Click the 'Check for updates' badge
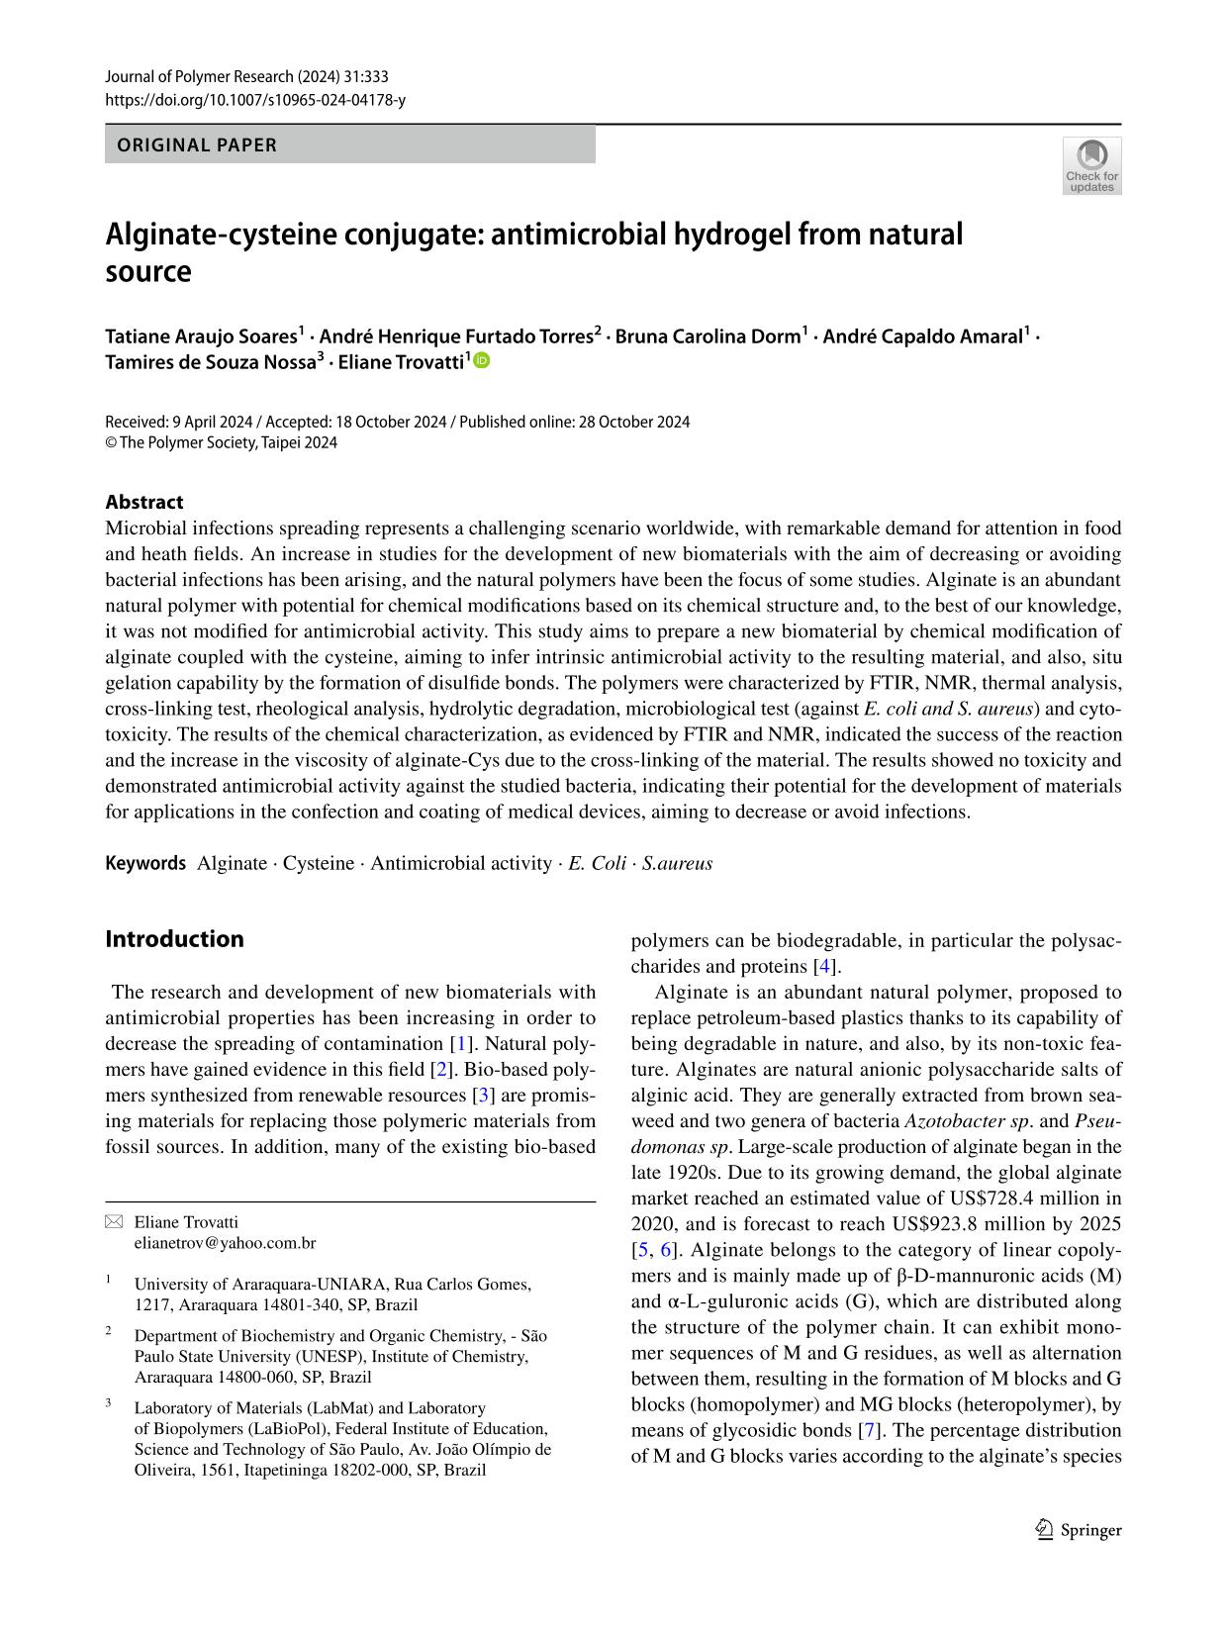(x=1091, y=165)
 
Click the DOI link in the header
(x=254, y=100)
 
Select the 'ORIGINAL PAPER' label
(x=197, y=144)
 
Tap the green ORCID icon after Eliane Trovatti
(x=482, y=361)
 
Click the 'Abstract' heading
(x=144, y=502)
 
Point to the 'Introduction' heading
(x=174, y=938)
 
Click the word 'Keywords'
(x=145, y=863)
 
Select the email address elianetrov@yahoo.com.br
(x=225, y=1242)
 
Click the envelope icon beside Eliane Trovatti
(x=114, y=1222)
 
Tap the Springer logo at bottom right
(x=1079, y=1530)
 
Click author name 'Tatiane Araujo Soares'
(x=201, y=336)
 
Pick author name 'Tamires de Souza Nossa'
(x=210, y=361)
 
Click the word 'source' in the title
(x=147, y=271)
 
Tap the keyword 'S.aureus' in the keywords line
(x=677, y=863)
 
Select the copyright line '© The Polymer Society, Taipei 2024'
(x=221, y=442)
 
